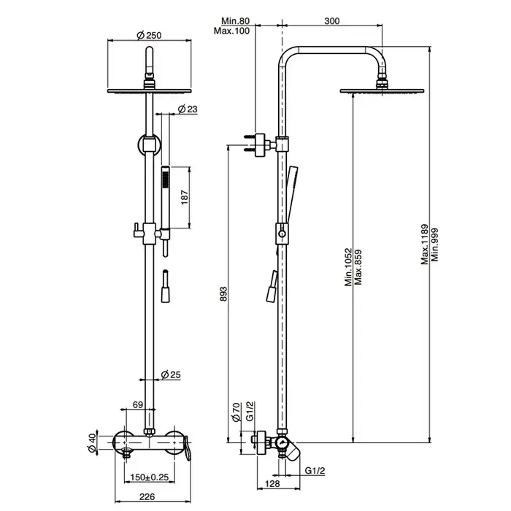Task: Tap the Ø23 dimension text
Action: pos(189,109)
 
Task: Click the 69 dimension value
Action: pos(138,405)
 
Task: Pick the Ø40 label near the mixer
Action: pos(91,442)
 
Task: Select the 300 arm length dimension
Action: pos(331,22)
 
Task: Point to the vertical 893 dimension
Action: pos(224,293)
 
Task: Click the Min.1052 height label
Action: pos(348,267)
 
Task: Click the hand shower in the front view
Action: pos(166,201)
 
